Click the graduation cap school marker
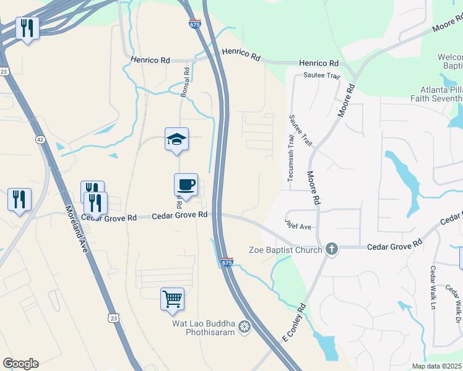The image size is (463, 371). [176, 139]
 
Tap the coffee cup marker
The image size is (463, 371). [186, 184]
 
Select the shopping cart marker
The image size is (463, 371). [172, 299]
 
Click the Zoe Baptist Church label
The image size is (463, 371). [285, 250]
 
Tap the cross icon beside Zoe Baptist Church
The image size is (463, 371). [332, 249]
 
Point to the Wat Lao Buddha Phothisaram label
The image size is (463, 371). [205, 326]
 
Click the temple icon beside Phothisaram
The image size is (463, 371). [245, 326]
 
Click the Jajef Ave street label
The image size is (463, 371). [298, 223]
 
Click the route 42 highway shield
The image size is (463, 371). [40, 140]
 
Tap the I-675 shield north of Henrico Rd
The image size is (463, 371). [194, 24]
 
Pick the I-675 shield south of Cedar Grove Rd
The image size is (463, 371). [227, 263]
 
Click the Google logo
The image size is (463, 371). [20, 364]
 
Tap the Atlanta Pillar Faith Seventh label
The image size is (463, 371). [437, 93]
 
